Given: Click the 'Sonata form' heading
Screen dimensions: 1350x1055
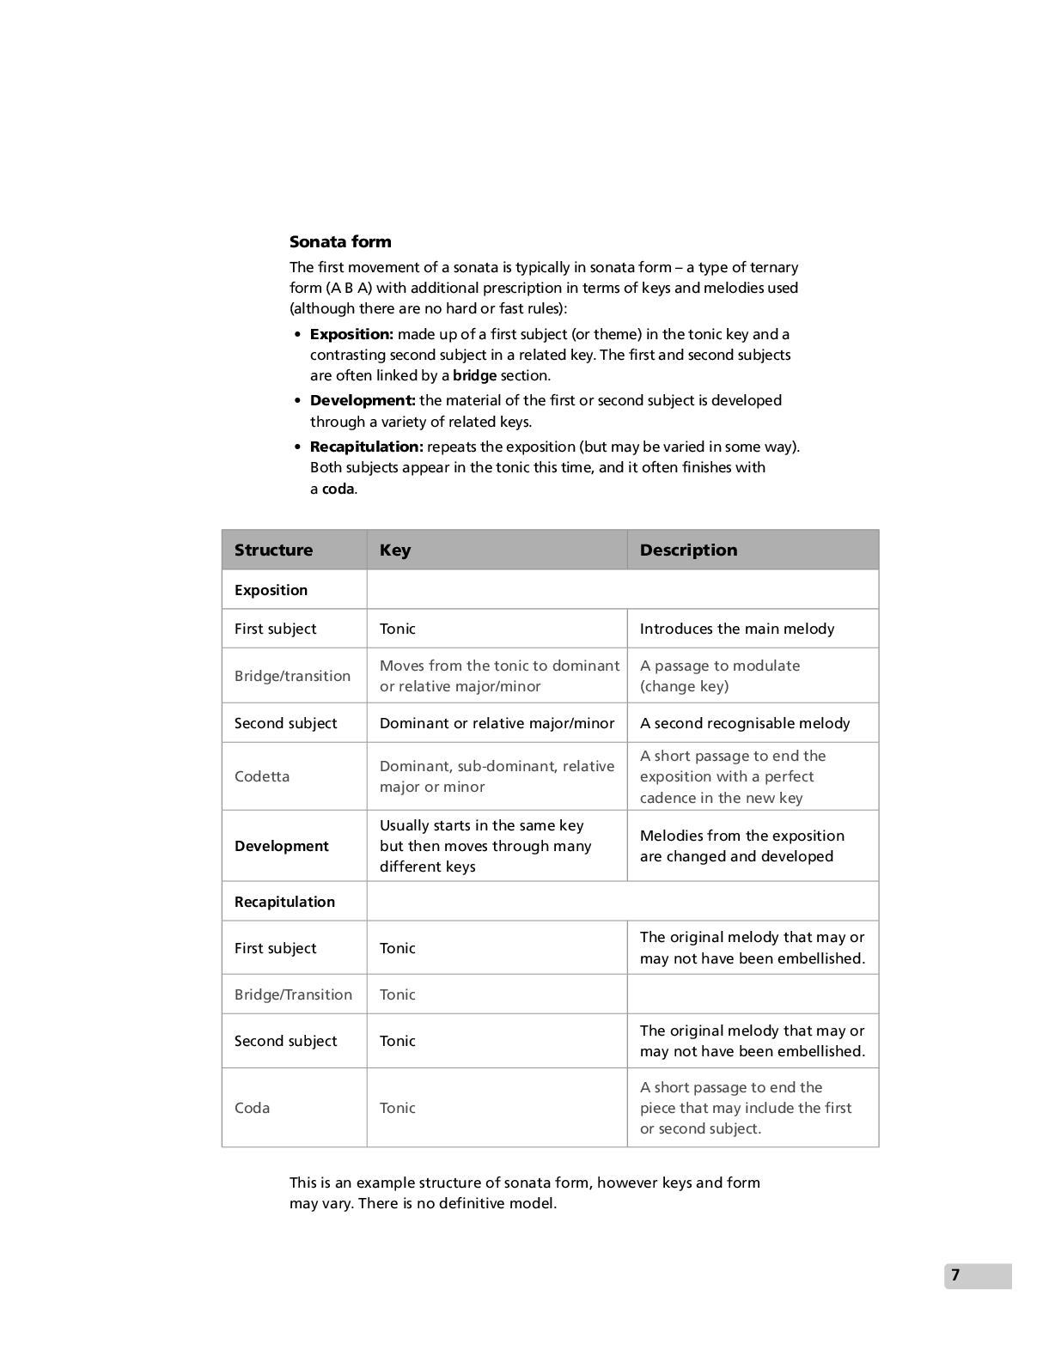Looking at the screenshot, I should [x=340, y=242].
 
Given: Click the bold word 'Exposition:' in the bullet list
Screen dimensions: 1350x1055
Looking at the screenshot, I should [x=351, y=334].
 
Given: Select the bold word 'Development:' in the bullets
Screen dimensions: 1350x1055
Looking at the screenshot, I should [x=363, y=400].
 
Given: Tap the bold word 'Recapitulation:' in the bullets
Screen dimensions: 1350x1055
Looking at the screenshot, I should [x=366, y=447].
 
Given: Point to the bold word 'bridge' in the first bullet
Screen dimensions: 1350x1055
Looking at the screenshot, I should [x=474, y=375].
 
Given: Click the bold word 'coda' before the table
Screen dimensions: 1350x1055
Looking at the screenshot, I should [x=338, y=489].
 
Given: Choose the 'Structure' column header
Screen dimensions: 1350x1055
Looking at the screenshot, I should [x=273, y=550].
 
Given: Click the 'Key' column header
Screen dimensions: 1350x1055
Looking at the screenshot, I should [x=395, y=550].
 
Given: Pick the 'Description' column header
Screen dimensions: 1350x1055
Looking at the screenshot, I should [x=688, y=550].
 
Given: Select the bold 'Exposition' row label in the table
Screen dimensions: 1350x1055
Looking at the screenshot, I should [x=271, y=590].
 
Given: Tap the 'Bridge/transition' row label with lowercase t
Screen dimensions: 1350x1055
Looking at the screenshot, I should [x=292, y=676].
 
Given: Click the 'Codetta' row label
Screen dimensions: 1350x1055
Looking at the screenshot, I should [x=262, y=776].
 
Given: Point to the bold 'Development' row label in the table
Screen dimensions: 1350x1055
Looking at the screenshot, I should [x=281, y=846].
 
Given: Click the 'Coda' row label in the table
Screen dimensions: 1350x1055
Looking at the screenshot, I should [x=252, y=1108].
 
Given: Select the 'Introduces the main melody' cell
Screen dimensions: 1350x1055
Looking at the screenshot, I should [x=736, y=629].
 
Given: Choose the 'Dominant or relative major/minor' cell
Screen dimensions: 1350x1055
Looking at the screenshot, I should [x=497, y=723].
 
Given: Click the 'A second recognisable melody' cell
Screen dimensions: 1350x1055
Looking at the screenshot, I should [x=744, y=723].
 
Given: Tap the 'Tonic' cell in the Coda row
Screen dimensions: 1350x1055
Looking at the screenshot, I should [x=397, y=1108].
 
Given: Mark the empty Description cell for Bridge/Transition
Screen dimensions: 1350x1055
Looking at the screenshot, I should [x=753, y=994].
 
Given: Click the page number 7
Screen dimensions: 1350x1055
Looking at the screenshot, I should [x=955, y=1275].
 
